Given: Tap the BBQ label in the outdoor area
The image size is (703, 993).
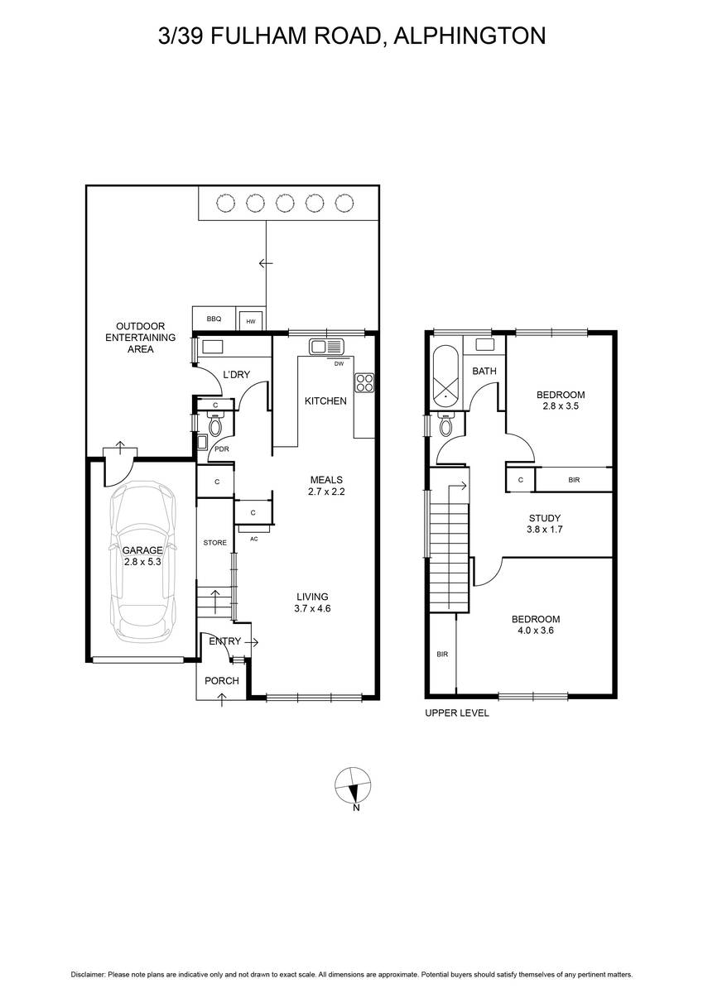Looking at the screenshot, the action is (x=214, y=319).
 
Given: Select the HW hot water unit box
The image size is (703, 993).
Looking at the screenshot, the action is (x=251, y=320).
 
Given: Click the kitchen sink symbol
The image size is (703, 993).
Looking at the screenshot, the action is (x=327, y=346).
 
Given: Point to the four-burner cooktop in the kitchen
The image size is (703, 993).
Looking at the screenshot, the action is (x=364, y=383).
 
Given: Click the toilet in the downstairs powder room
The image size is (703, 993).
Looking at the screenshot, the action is (x=215, y=425).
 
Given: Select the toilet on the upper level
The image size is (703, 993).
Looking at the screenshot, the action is (x=445, y=425).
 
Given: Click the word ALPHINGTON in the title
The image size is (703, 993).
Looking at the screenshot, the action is (x=469, y=36).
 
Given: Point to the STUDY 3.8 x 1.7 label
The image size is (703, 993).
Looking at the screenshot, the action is (x=545, y=523).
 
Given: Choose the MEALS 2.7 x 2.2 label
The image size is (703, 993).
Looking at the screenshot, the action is (x=326, y=485).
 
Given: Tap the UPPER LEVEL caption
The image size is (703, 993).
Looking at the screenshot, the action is (x=457, y=712).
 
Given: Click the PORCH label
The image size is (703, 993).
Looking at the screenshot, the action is (x=222, y=680).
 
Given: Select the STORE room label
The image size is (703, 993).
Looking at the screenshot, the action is (x=215, y=543).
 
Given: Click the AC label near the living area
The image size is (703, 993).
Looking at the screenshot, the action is (x=254, y=539).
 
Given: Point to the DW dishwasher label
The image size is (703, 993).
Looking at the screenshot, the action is (x=339, y=363).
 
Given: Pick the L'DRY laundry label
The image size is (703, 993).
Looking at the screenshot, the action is (x=236, y=375).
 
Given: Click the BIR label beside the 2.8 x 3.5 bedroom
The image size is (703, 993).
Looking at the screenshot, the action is (x=574, y=480).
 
